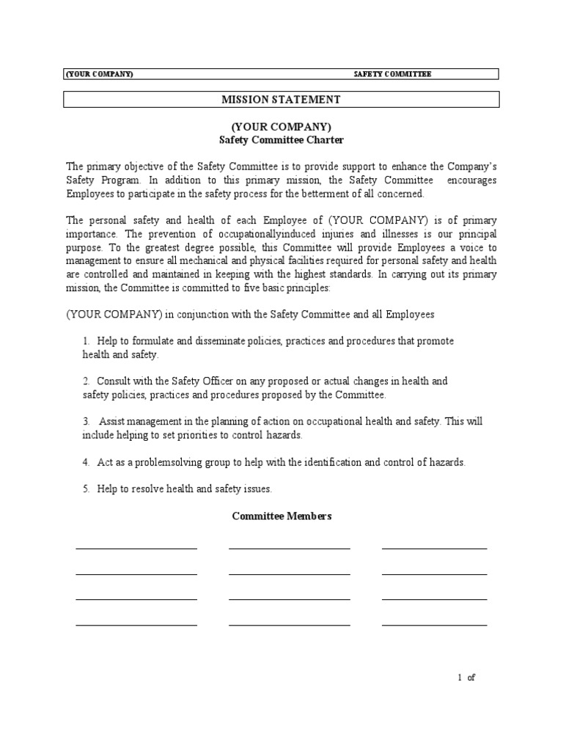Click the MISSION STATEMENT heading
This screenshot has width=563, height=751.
coord(281,99)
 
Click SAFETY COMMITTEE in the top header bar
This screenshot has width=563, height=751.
coord(392,74)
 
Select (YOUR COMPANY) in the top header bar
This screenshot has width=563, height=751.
coord(100,74)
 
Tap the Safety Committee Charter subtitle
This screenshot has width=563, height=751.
coord(281,139)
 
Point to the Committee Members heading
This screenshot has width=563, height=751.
coord(281,516)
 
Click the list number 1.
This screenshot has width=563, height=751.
coord(86,342)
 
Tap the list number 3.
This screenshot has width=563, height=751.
coord(86,422)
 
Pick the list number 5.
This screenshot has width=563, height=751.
coord(86,488)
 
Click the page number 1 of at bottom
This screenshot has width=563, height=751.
coord(466,678)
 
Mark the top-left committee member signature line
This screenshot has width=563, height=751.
coord(136,548)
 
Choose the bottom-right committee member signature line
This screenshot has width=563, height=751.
coord(434,625)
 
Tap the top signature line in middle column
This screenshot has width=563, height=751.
coord(289,548)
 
